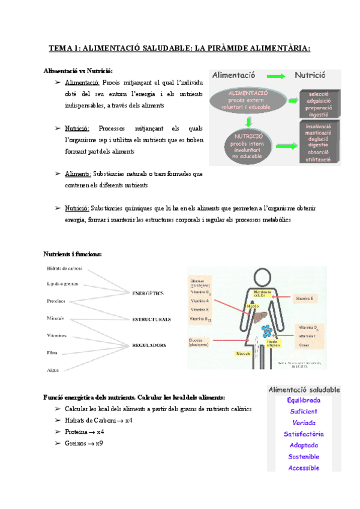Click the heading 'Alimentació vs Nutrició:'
coord(78,71)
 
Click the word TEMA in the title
coord(59,49)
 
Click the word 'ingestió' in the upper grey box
coord(323,114)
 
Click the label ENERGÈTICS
coord(148,294)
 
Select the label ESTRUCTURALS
coord(151,319)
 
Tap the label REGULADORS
coord(149,345)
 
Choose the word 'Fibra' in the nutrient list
coord(53,354)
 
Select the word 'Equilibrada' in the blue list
coord(304,400)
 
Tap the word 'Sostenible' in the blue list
coord(304,457)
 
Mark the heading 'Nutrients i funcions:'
coord(73,254)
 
